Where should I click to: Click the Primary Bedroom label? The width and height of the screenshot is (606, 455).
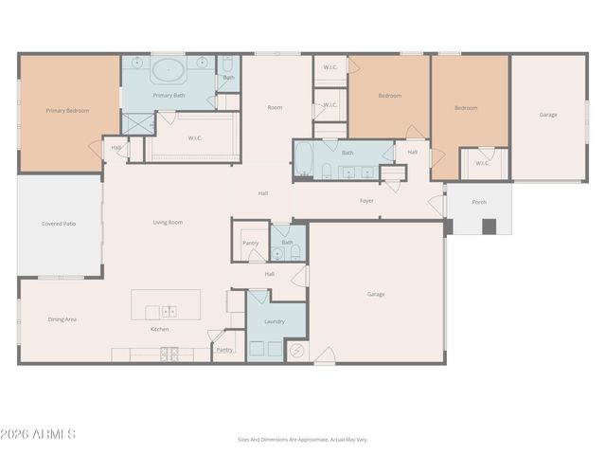tap(68, 111)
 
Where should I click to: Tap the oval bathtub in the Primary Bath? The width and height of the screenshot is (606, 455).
tap(169, 69)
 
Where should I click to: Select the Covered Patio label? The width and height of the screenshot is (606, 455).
tap(59, 224)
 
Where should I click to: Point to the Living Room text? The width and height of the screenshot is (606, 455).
tap(168, 223)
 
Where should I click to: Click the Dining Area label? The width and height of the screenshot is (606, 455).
tap(62, 319)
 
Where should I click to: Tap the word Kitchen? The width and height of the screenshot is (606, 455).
tap(160, 329)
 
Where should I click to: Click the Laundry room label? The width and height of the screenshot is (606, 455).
tap(275, 322)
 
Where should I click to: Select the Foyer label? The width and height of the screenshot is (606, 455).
tap(366, 201)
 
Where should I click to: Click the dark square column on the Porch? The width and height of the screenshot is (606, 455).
tap(489, 227)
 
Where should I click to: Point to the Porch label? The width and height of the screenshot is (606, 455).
tap(479, 202)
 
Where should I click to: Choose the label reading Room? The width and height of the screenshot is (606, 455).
tap(275, 107)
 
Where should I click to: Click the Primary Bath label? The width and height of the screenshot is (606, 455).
tap(169, 95)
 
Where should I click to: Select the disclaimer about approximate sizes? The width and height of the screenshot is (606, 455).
tap(302, 440)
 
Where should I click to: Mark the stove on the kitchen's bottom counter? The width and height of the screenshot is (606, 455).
tap(170, 355)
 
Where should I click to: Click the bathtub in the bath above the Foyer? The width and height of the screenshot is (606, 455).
tap(301, 159)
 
